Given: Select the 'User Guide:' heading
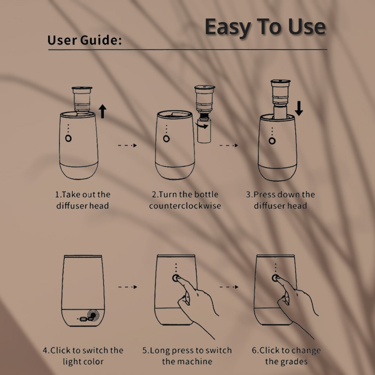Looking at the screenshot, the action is (84, 40).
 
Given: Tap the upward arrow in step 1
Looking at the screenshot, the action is (102, 111).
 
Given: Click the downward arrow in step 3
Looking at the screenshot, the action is (299, 108).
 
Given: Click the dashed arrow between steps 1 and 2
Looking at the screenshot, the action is (127, 145).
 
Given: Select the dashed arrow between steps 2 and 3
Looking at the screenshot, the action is (229, 145).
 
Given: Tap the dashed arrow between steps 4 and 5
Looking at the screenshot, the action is (128, 287).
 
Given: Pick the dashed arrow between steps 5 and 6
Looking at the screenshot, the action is (229, 287).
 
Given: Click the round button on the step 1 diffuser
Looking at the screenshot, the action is (68, 138).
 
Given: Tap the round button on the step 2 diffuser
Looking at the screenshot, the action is (166, 139).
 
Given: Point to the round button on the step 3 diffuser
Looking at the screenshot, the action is (272, 141).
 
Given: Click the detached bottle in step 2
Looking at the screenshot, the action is (204, 131).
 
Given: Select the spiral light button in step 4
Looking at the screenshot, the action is (93, 315).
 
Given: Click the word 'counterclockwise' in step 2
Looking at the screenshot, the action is (185, 205).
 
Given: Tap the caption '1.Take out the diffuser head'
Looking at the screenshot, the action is (83, 200).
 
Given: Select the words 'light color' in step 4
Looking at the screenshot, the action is (83, 361).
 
